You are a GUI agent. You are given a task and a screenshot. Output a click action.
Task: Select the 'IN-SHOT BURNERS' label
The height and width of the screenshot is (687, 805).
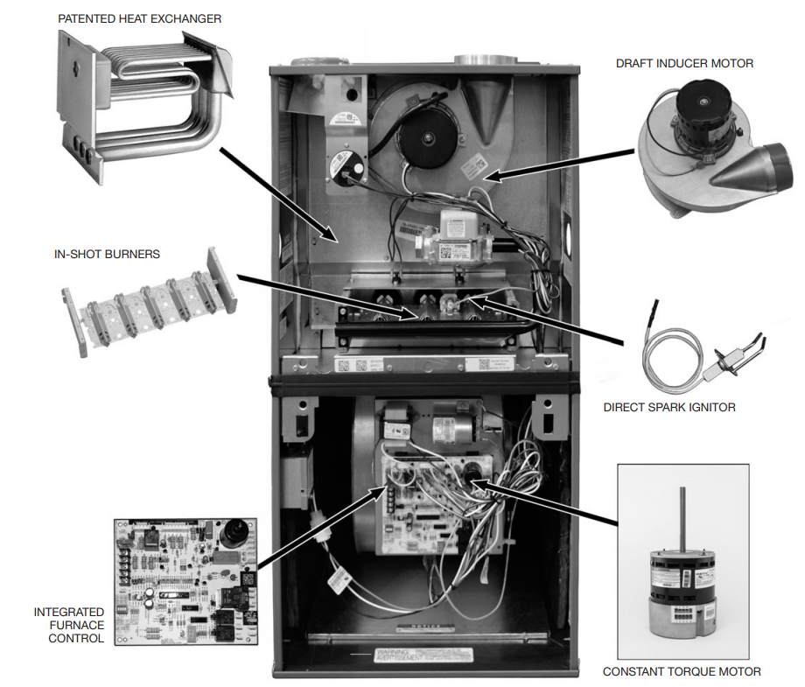point(106,255)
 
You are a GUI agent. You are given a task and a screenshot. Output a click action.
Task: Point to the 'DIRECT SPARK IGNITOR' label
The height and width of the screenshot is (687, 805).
point(670,407)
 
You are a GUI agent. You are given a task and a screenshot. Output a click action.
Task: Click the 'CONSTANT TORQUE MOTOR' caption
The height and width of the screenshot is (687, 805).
point(682,671)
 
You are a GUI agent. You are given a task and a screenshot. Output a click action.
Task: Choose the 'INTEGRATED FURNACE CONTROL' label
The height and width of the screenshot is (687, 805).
point(69,625)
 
